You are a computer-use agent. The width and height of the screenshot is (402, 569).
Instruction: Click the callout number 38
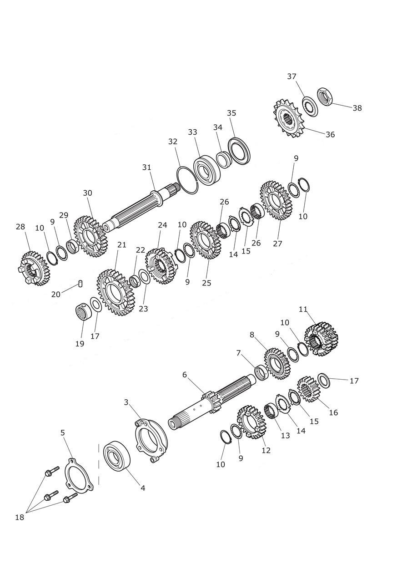pyautogui.click(x=357, y=108)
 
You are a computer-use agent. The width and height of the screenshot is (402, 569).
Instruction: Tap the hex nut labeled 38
pyautogui.click(x=326, y=96)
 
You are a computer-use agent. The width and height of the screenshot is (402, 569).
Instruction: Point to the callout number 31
pyautogui.click(x=146, y=168)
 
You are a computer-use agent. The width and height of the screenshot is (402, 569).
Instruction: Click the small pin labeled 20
pyautogui.click(x=80, y=284)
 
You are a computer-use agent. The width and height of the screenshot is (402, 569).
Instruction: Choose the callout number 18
pyautogui.click(x=19, y=517)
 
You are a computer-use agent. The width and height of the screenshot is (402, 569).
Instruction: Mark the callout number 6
pyautogui.click(x=185, y=375)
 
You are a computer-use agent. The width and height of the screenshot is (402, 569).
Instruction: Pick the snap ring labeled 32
pyautogui.click(x=188, y=179)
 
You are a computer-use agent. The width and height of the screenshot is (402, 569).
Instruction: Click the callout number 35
pyautogui.click(x=231, y=113)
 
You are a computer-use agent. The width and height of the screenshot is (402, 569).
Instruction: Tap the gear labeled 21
pyautogui.click(x=114, y=293)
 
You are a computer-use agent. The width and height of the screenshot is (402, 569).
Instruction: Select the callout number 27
pyautogui.click(x=278, y=244)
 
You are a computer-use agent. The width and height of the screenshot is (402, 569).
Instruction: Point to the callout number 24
pyautogui.click(x=163, y=225)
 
